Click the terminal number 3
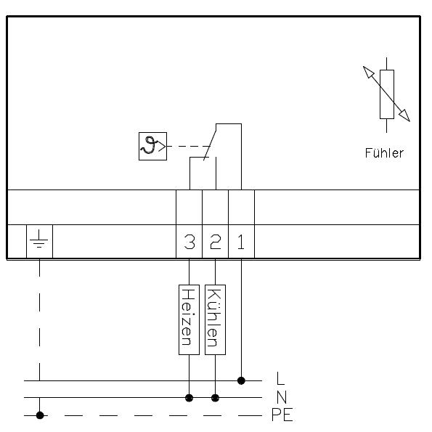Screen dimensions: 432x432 (x=189, y=242)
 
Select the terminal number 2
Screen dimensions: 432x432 (x=216, y=242)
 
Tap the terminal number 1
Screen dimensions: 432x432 (x=241, y=242)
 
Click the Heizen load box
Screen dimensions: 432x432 (x=189, y=319)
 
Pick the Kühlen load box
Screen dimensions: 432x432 (x=215, y=319)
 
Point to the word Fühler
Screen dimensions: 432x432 (x=384, y=153)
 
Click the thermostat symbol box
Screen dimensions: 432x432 (x=152, y=146)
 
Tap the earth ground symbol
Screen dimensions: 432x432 (x=39, y=239)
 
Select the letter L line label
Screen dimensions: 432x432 (x=280, y=378)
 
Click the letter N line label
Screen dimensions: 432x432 (x=282, y=397)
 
